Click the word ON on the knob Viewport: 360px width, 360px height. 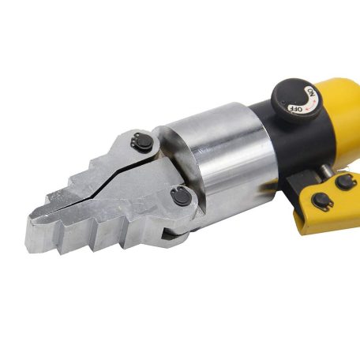312,92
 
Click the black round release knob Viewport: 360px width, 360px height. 296,100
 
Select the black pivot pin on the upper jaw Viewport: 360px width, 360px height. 142,141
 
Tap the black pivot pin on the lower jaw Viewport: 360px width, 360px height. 181,197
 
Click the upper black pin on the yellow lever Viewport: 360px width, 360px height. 345,182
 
